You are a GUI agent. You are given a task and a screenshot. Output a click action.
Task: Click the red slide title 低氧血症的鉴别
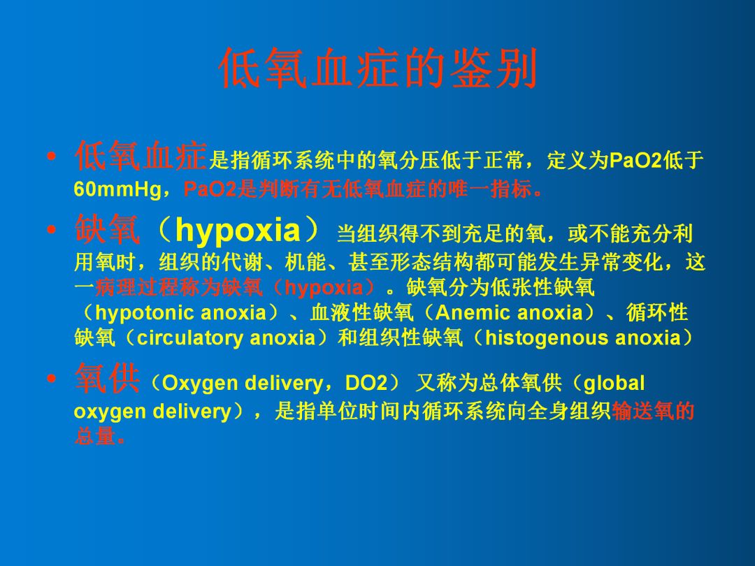pyautogui.click(x=377, y=70)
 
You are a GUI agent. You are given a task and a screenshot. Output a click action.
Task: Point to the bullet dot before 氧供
pyautogui.click(x=50, y=380)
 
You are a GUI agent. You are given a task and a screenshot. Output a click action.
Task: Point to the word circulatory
pyautogui.click(x=191, y=338)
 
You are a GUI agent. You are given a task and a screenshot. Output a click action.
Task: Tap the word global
pyautogui.click(x=614, y=384)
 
